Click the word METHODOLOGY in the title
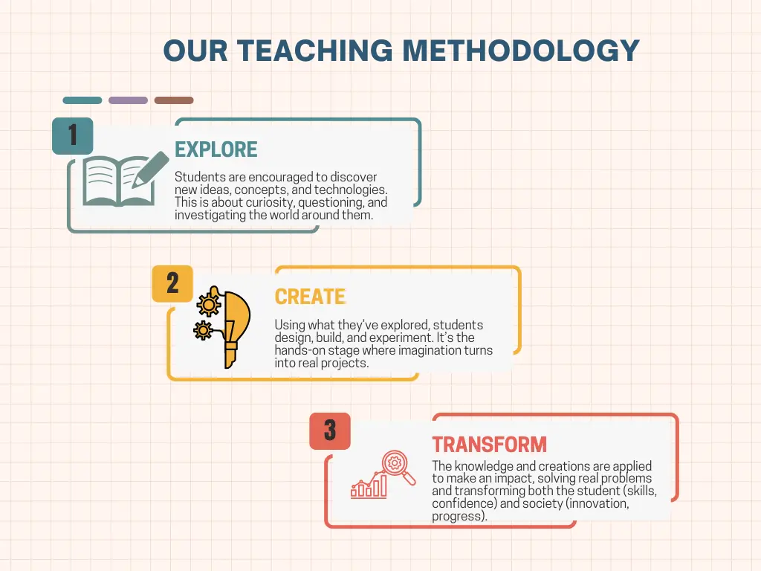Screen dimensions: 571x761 521,51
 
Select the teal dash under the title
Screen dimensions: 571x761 82,100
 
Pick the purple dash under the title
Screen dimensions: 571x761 128,100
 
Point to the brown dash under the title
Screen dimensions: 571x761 174,100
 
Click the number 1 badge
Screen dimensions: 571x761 72,135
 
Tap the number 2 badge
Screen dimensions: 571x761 172,283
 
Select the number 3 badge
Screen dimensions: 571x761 330,430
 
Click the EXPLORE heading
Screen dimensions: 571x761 216,149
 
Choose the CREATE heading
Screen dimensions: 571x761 310,297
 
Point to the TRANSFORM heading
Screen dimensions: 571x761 489,445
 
